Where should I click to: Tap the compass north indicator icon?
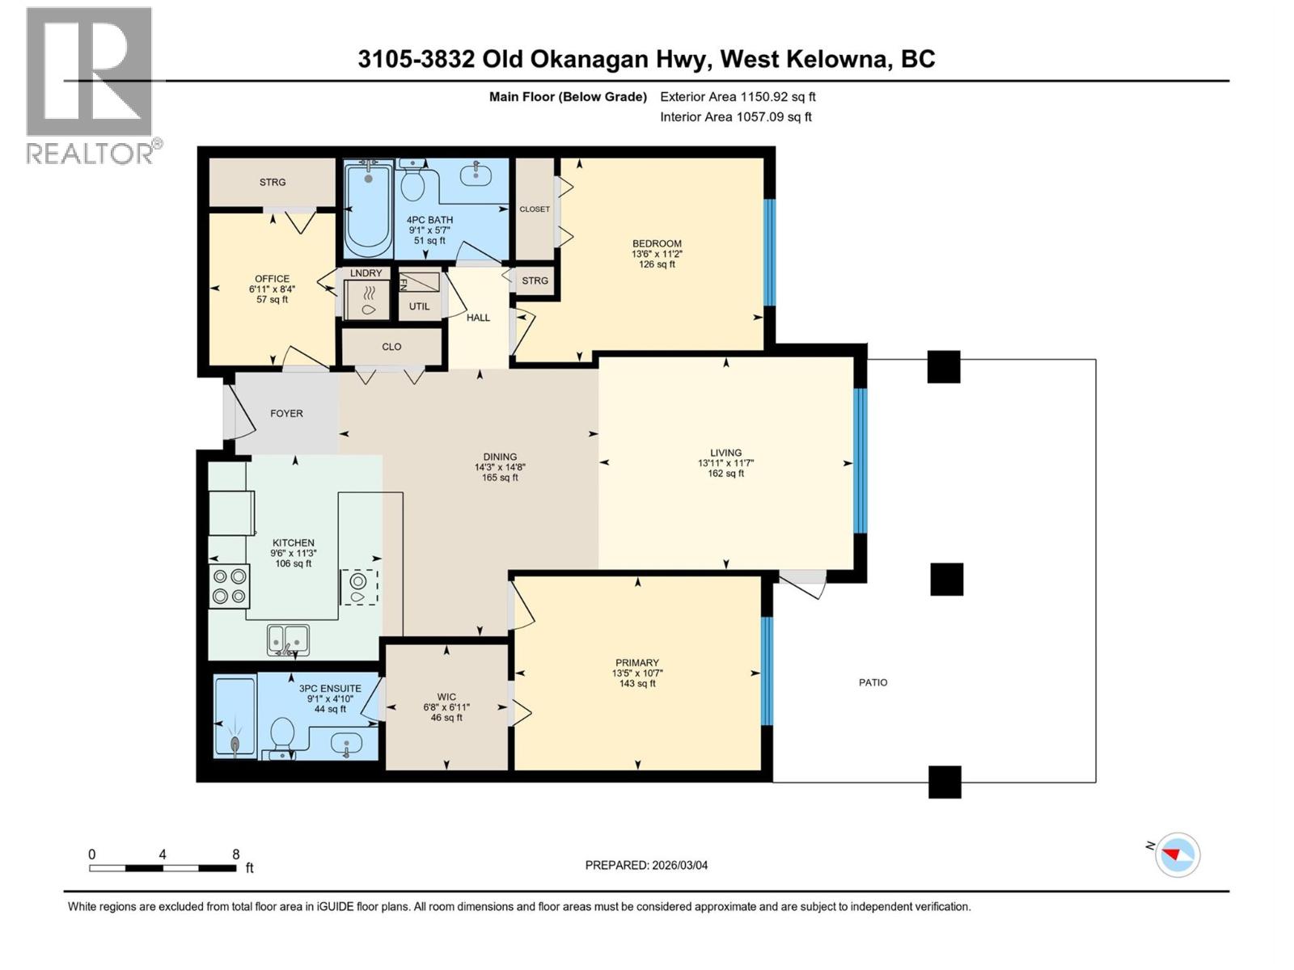tap(1177, 854)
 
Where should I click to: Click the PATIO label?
tap(873, 682)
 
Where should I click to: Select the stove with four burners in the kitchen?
tap(229, 586)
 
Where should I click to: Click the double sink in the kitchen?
tap(288, 639)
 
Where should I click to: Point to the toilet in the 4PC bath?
tap(413, 184)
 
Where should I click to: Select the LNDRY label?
tap(366, 273)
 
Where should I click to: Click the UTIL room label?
tap(419, 306)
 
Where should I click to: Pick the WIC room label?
tap(446, 697)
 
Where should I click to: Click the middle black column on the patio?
tap(946, 580)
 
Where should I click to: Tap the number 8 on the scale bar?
tap(235, 854)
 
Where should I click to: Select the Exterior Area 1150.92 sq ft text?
tap(738, 96)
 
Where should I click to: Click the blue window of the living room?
tap(861, 461)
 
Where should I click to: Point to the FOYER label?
tap(286, 413)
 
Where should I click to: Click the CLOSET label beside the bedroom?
tap(535, 209)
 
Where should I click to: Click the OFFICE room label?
tap(272, 279)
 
